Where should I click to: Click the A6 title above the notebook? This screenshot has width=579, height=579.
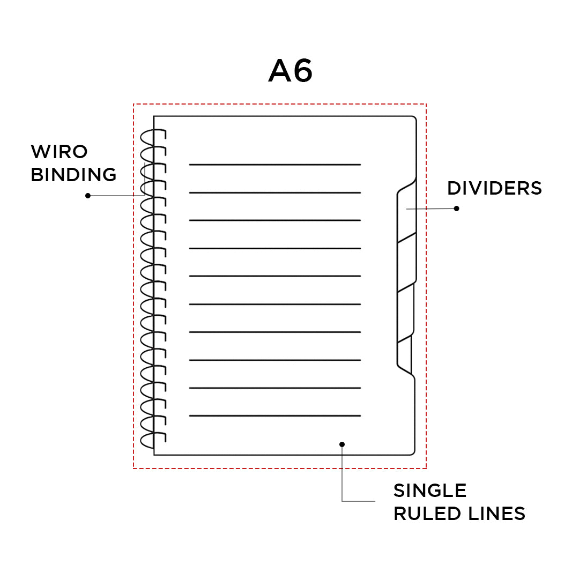pyautogui.click(x=290, y=71)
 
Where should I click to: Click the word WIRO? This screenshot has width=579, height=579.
pyautogui.click(x=59, y=152)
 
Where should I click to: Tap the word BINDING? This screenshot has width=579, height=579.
pyautogui.click(x=73, y=175)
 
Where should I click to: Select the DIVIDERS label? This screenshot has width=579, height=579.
pyautogui.click(x=494, y=188)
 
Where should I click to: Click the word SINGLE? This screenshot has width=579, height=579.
pyautogui.click(x=430, y=491)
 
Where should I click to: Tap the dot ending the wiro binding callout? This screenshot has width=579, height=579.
pyautogui.click(x=88, y=196)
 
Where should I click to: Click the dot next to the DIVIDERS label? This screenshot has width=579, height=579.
pyautogui.click(x=457, y=208)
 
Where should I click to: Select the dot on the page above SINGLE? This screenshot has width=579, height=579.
pyautogui.click(x=342, y=444)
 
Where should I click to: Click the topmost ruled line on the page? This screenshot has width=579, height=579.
pyautogui.click(x=274, y=165)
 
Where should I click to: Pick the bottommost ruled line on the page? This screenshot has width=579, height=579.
pyautogui.click(x=274, y=415)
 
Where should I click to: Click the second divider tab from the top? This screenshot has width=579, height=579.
pyautogui.click(x=406, y=263)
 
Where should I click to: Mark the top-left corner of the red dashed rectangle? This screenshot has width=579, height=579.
pyautogui.click(x=133, y=104)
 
